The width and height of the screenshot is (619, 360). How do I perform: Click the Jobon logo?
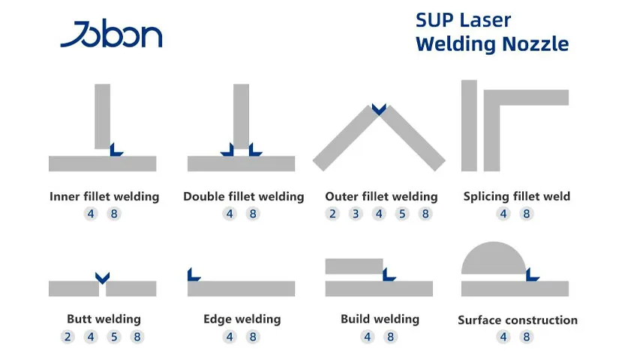tap(111, 35)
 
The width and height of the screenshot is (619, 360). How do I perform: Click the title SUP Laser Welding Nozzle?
tap(491, 31)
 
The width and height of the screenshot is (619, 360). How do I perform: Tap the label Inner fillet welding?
tap(104, 196)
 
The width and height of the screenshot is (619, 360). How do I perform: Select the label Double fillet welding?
tap(244, 196)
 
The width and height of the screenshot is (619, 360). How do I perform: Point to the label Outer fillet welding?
tap(381, 196)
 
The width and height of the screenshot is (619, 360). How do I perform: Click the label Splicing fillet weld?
tap(517, 196)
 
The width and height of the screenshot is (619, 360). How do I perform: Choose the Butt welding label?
tap(104, 319)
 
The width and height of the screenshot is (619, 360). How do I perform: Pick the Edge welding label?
tap(242, 319)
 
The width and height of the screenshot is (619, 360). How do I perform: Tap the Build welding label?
tap(380, 319)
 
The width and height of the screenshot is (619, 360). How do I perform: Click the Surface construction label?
tap(518, 320)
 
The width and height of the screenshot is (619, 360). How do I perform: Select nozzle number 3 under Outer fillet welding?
tap(356, 214)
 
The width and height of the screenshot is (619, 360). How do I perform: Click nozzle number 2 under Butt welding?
tap(68, 337)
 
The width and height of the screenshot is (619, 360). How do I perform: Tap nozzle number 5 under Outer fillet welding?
tap(402, 214)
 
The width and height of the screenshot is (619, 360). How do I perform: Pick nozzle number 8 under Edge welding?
tap(254, 337)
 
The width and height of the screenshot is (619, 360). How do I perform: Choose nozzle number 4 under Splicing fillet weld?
tap(504, 214)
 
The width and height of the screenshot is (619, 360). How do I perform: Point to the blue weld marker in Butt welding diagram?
tap(103, 276)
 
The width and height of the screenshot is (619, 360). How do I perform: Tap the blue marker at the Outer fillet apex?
tap(379, 109)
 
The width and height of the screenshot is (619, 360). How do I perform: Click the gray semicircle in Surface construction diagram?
tap(493, 259)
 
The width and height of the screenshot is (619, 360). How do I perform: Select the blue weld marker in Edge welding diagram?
tap(193, 274)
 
